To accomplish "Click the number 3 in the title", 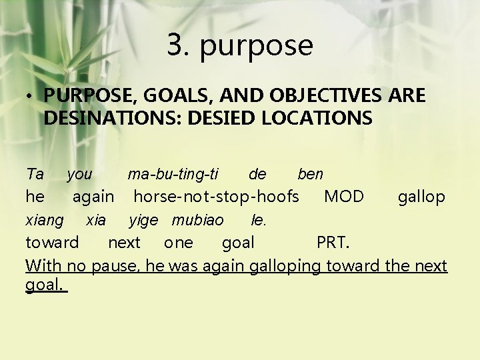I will pyautogui.click(x=177, y=45).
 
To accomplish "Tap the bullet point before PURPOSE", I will pyautogui.click(x=31, y=97).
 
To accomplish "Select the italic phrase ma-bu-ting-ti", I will pyautogui.click(x=173, y=175).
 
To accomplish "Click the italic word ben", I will pyautogui.click(x=310, y=175).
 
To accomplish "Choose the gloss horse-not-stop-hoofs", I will pyautogui.click(x=216, y=197).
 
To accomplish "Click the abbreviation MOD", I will pyautogui.click(x=343, y=197).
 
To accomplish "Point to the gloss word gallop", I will pyautogui.click(x=421, y=197).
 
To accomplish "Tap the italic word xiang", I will pyautogui.click(x=44, y=220).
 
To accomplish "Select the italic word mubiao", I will pyautogui.click(x=197, y=220).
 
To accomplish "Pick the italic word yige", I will pyautogui.click(x=143, y=220).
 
